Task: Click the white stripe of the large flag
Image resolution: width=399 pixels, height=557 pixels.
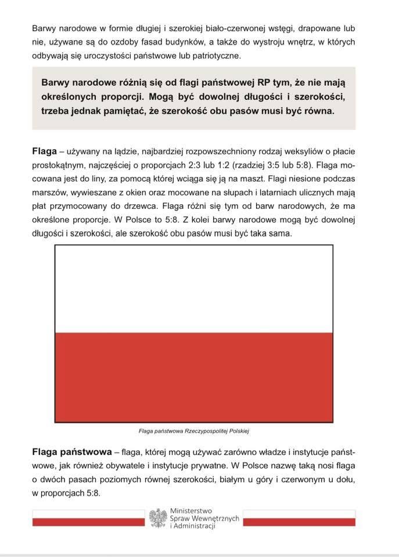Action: pos(193,289)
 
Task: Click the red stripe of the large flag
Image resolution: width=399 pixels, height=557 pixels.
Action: pos(193,377)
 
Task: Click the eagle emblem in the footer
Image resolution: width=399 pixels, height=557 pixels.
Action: pos(158,518)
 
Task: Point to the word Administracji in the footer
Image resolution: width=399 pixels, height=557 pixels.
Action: pos(193,526)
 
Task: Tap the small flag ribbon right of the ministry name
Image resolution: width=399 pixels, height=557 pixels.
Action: pos(299,518)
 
